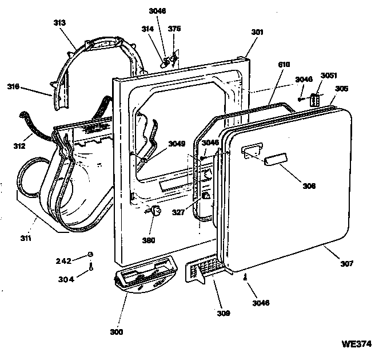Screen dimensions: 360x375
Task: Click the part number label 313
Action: click(59, 22)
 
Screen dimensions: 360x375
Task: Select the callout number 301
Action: click(257, 33)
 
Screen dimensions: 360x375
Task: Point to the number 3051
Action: click(329, 76)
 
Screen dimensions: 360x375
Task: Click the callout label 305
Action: click(341, 89)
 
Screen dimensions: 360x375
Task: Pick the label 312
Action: click(19, 146)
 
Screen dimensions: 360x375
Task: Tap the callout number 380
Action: click(149, 240)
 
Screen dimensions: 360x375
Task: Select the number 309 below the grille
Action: click(223, 313)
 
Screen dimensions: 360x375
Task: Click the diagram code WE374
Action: click(356, 344)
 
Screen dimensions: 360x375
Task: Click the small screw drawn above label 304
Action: click(90, 267)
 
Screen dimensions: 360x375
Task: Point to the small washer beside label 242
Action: click(90, 255)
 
